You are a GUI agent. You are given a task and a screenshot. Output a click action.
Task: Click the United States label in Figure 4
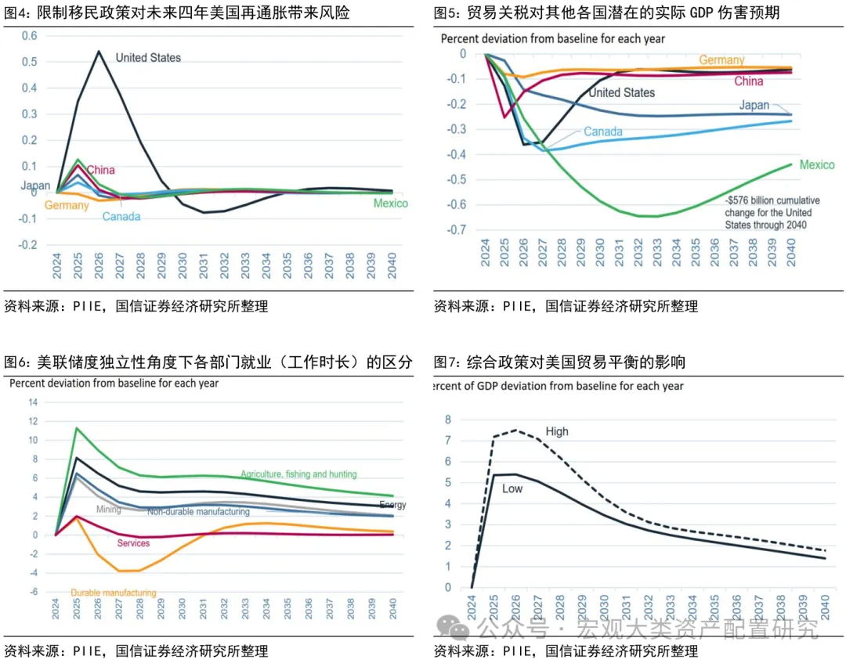148,57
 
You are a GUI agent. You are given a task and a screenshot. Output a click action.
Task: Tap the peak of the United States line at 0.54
99,52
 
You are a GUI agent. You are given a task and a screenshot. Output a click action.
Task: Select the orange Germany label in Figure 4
66,205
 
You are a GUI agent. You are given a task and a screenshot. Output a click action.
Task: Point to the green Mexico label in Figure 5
817,165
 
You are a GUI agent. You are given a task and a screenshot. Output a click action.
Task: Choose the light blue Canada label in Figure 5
602,132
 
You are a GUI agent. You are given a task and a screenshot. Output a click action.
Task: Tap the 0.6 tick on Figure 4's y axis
29,36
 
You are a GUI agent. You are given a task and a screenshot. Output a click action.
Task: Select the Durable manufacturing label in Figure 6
113,593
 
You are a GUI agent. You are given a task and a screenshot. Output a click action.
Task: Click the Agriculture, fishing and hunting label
298,474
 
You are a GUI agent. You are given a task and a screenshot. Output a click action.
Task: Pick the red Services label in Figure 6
133,543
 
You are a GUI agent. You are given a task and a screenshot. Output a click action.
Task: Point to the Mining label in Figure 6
108,510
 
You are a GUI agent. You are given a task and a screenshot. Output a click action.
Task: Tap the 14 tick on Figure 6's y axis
33,402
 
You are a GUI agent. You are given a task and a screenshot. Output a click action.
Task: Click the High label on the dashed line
557,431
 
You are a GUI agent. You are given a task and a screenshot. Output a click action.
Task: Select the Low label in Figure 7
512,489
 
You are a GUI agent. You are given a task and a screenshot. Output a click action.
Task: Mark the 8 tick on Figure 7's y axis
448,420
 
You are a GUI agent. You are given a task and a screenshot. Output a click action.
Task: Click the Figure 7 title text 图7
447,362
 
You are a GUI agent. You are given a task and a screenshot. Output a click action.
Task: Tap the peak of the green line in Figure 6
76,428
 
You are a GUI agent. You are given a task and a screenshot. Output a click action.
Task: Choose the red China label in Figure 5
748,81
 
